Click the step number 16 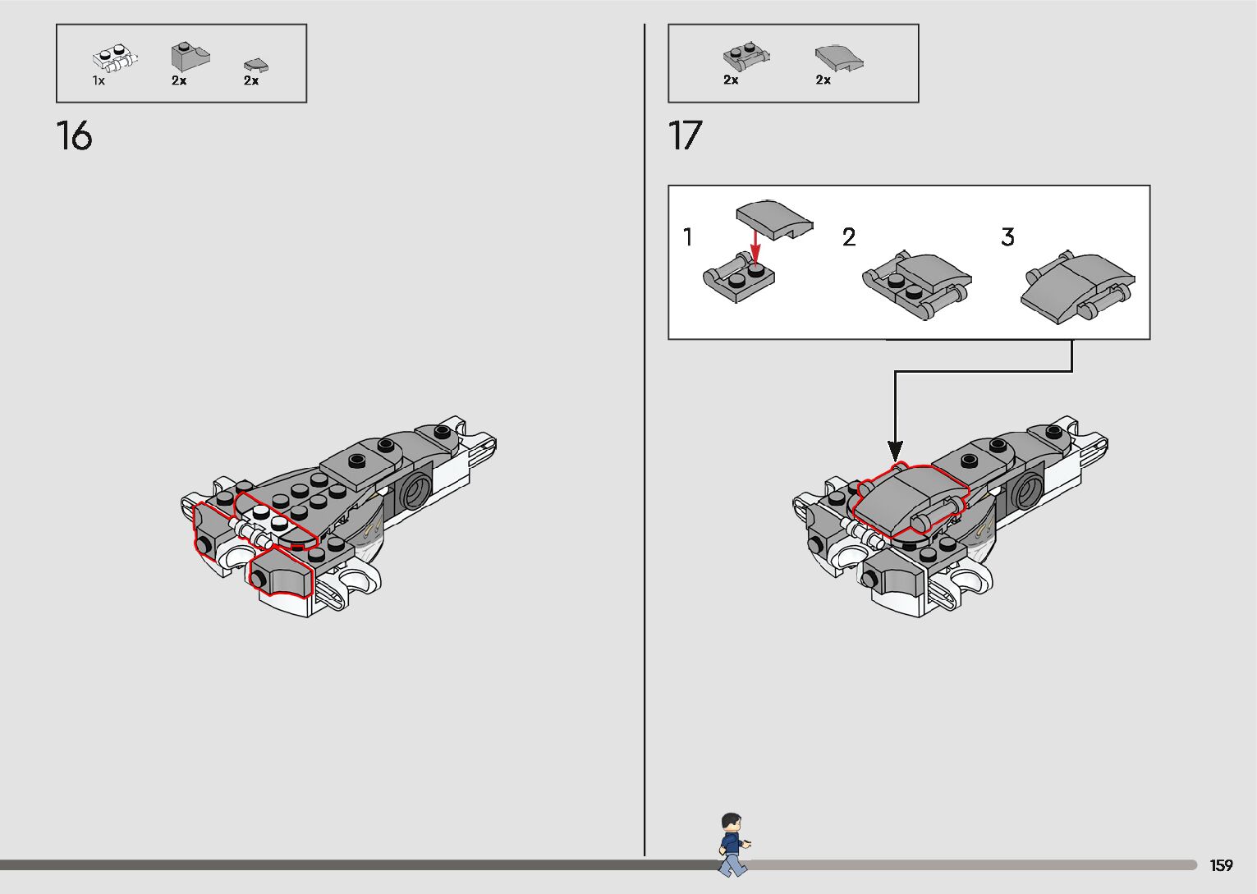(74, 135)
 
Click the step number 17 (686, 135)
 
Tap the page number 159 (1221, 865)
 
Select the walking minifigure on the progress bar (732, 844)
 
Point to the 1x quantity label (99, 80)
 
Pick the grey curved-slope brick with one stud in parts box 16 (190, 57)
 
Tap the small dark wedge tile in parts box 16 (256, 64)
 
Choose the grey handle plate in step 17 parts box (746, 56)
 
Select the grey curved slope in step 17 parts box (839, 57)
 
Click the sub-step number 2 (849, 237)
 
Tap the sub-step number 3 (1007, 237)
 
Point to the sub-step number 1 (688, 237)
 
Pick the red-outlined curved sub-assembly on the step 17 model (909, 498)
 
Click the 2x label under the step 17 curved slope (823, 80)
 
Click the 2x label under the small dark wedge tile (251, 80)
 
